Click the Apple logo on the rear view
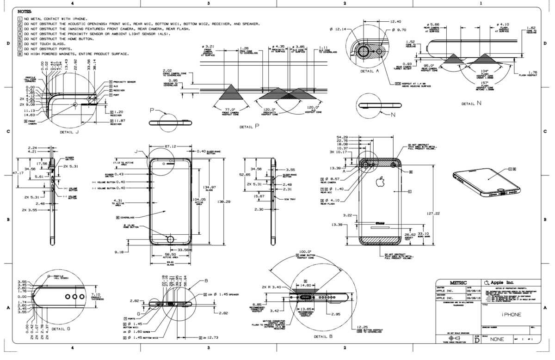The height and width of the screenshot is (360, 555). (x=380, y=182)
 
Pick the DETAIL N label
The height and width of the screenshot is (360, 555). (x=472, y=104)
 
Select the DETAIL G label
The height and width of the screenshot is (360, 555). (x=61, y=329)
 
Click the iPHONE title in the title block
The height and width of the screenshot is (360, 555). (x=511, y=314)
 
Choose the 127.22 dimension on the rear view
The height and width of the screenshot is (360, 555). (x=433, y=214)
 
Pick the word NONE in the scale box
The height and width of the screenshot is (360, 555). (x=497, y=339)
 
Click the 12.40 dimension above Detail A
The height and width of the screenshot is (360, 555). (x=395, y=22)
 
